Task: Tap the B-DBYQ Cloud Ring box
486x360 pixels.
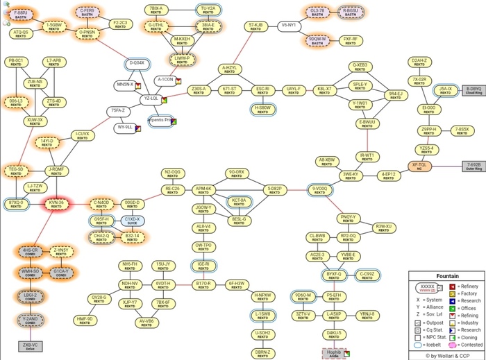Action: (x=474, y=91)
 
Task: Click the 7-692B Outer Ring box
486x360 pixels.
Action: (x=474, y=167)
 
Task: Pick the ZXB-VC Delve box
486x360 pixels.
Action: (x=29, y=346)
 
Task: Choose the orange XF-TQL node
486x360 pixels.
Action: (x=420, y=166)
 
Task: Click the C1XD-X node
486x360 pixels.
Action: (x=132, y=221)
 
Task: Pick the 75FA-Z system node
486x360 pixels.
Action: (x=118, y=111)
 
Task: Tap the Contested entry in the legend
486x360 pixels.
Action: (x=465, y=345)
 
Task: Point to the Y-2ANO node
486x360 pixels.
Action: (x=31, y=320)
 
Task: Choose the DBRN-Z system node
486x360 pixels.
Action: (x=262, y=352)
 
